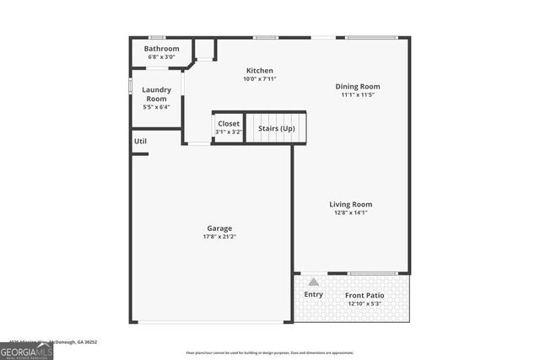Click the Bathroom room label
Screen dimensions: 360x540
click(161, 49)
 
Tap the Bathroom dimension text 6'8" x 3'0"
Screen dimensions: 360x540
click(161, 57)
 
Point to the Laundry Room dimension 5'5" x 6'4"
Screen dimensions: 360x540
click(157, 107)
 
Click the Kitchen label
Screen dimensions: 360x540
click(259, 70)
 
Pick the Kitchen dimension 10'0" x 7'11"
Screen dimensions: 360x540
click(259, 78)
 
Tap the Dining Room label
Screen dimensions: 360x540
click(358, 86)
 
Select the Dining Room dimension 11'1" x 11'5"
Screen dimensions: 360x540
click(358, 94)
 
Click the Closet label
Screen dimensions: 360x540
click(229, 124)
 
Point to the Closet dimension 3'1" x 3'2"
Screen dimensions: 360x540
click(229, 132)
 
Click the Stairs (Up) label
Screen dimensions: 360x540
click(276, 128)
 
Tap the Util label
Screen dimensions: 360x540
click(140, 141)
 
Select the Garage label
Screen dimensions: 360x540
click(219, 228)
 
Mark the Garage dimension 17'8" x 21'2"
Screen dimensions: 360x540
click(219, 237)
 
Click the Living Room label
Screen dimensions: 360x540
click(350, 204)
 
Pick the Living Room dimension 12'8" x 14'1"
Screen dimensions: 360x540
click(350, 212)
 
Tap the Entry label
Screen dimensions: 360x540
click(313, 294)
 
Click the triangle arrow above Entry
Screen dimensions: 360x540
click(313, 282)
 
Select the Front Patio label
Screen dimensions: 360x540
click(364, 295)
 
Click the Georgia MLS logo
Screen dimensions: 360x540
click(26, 349)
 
